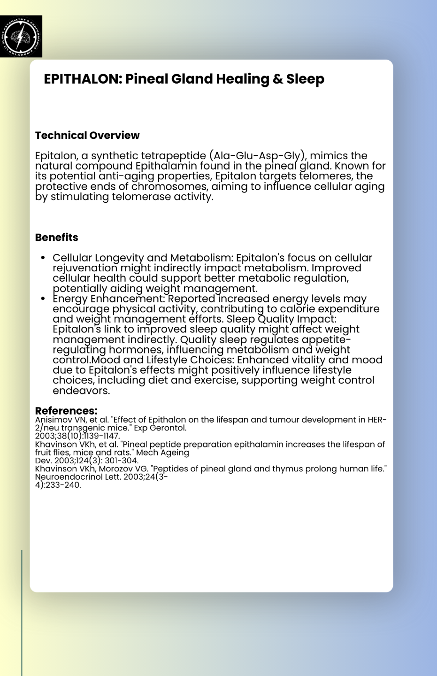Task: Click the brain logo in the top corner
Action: (21, 36)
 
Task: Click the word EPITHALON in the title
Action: (83, 79)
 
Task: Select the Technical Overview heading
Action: (87, 135)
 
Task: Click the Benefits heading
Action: (57, 237)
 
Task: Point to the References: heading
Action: (66, 411)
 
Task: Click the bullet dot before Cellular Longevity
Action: (43, 258)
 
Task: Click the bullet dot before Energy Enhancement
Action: (43, 299)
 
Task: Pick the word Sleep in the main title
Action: (305, 79)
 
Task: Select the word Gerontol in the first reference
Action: (169, 428)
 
